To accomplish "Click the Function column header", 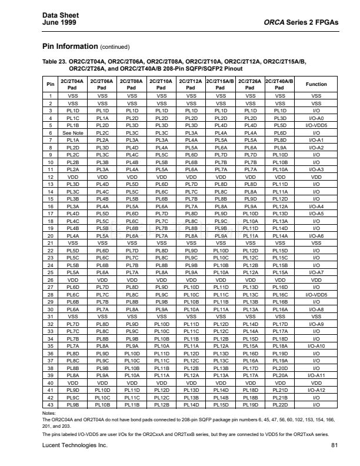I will pos(316,84).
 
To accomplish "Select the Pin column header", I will pos(51,84).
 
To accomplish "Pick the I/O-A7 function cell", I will pos(316,272).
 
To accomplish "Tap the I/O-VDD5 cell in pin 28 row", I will pos(316,294).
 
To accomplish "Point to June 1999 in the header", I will pos(58,22).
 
